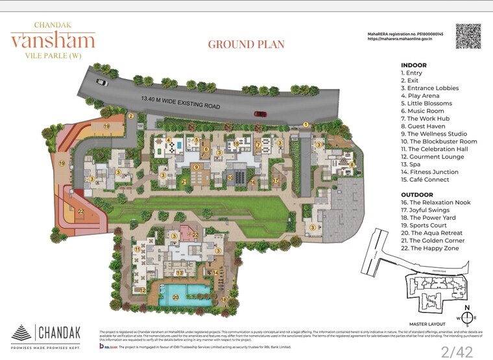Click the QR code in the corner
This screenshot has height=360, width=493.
(468, 36)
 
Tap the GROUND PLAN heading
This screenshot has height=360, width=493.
(246, 45)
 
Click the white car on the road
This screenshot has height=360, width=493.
(102, 82)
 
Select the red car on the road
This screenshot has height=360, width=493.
(260, 114)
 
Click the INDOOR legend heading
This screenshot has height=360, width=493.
(413, 66)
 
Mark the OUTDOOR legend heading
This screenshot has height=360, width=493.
(417, 195)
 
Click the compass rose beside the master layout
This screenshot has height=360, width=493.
(467, 317)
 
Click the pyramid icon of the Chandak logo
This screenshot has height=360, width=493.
(21, 333)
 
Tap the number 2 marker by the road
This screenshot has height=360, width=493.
(131, 117)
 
